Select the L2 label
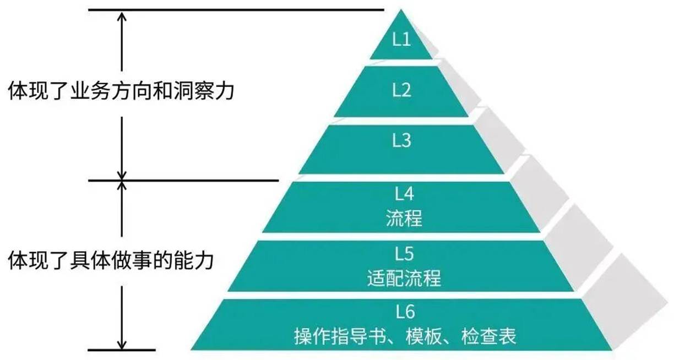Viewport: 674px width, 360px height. pos(401,90)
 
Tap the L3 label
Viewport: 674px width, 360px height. pos(401,141)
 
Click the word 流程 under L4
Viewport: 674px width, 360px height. pos(404,219)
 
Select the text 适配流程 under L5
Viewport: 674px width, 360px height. pos(404,278)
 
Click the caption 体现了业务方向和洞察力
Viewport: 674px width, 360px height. pos(121,90)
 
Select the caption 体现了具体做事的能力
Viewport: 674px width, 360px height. pos(111,259)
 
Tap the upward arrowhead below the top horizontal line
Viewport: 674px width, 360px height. pos(122,17)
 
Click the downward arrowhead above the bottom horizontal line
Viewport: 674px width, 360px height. pos(122,342)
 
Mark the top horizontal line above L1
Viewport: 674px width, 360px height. pos(236,9)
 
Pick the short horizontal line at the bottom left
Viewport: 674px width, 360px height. pos(122,350)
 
